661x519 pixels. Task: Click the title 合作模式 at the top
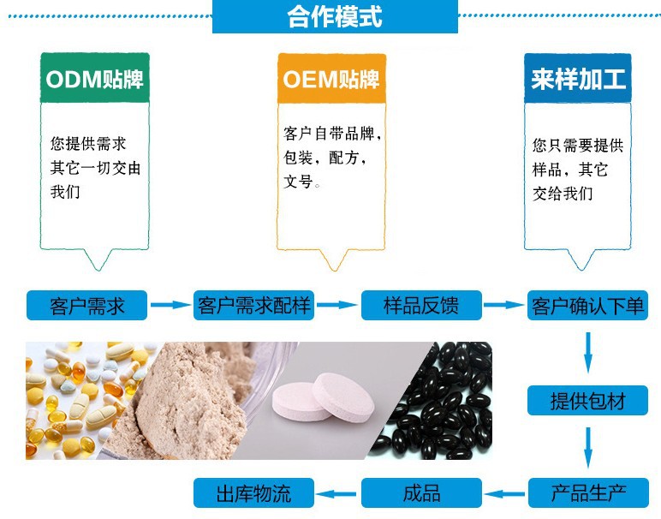click(335, 17)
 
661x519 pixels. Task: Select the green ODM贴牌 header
click(94, 80)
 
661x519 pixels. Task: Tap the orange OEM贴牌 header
click(330, 80)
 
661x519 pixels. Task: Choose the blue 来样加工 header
click(578, 80)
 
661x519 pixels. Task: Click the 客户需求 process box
click(87, 305)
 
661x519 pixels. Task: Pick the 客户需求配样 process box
click(254, 305)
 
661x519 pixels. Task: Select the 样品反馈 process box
click(420, 305)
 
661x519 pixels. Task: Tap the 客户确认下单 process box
click(587, 305)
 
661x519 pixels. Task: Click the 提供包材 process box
click(587, 400)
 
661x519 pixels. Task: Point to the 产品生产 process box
click(587, 492)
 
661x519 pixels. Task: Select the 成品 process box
click(420, 492)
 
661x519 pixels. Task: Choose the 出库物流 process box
click(253, 492)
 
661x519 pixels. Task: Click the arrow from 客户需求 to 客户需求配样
click(170, 305)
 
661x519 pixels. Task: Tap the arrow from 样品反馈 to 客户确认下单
click(504, 305)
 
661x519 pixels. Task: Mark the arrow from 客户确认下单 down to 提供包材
click(587, 351)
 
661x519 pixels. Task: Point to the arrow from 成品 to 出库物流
click(337, 492)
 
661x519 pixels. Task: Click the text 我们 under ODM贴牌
click(66, 192)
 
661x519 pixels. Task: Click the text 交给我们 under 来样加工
click(563, 194)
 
